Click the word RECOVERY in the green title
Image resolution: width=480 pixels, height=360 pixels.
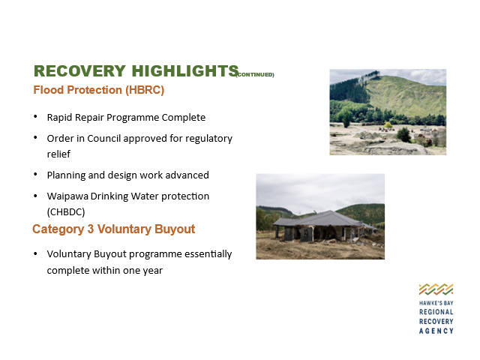(x=79, y=71)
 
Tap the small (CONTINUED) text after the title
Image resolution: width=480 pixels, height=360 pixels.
(x=255, y=75)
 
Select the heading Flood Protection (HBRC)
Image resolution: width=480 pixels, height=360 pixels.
(x=99, y=90)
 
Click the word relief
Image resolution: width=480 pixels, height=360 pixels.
(x=58, y=154)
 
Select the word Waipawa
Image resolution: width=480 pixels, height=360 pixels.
(x=67, y=196)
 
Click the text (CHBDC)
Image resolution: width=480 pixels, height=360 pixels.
(x=66, y=211)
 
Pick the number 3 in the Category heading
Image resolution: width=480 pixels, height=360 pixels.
(x=91, y=229)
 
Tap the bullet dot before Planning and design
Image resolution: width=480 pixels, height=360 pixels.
(x=35, y=175)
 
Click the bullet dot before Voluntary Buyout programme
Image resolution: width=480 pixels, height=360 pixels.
(x=35, y=253)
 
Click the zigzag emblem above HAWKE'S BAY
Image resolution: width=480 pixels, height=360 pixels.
(x=436, y=289)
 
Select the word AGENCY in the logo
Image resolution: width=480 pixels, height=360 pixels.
(x=436, y=331)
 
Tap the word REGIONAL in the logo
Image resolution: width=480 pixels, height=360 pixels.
(x=436, y=312)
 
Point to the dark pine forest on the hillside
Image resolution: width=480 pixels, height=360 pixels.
(x=349, y=89)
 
